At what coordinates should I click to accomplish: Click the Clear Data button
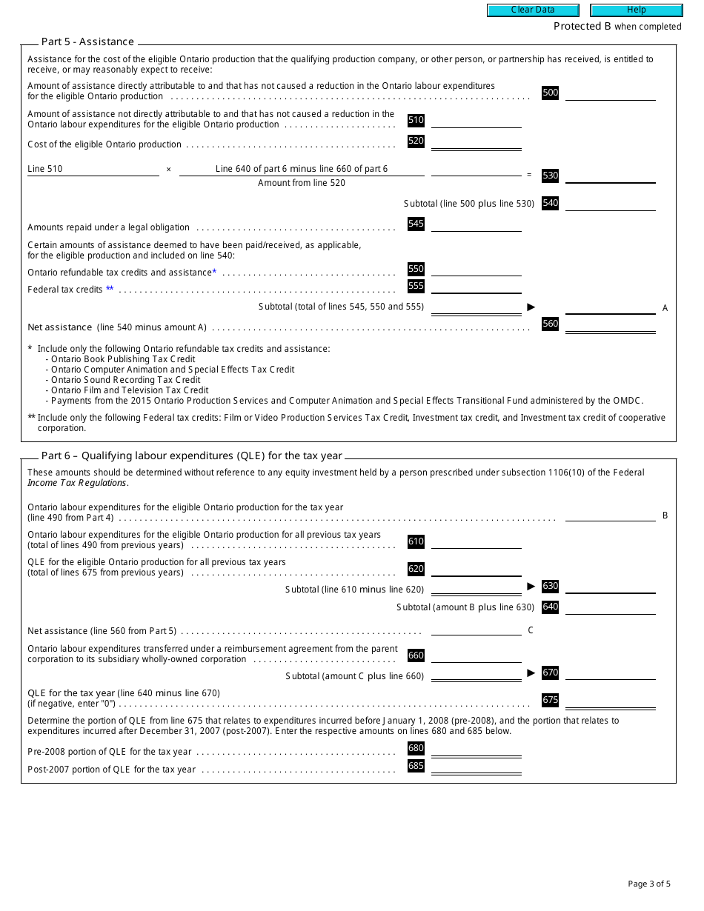point(532,10)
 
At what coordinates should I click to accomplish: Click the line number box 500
point(550,93)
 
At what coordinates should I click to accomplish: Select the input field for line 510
point(476,121)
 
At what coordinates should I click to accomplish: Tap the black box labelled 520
point(416,141)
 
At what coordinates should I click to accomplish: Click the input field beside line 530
point(610,176)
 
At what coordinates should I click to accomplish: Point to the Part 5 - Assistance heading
point(87,42)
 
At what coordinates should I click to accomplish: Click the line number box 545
point(416,224)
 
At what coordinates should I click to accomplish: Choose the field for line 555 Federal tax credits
point(476,287)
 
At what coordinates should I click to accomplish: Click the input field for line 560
point(610,324)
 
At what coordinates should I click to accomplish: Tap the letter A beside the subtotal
point(665,308)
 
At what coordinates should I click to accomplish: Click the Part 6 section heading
point(191,456)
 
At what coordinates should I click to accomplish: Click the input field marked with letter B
point(610,515)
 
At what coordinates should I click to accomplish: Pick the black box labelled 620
point(416,569)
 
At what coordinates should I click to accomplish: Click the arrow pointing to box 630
point(531,586)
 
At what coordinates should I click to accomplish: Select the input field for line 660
point(476,656)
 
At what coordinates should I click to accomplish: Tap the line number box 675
point(550,700)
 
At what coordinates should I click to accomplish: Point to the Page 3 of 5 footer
point(648,884)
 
